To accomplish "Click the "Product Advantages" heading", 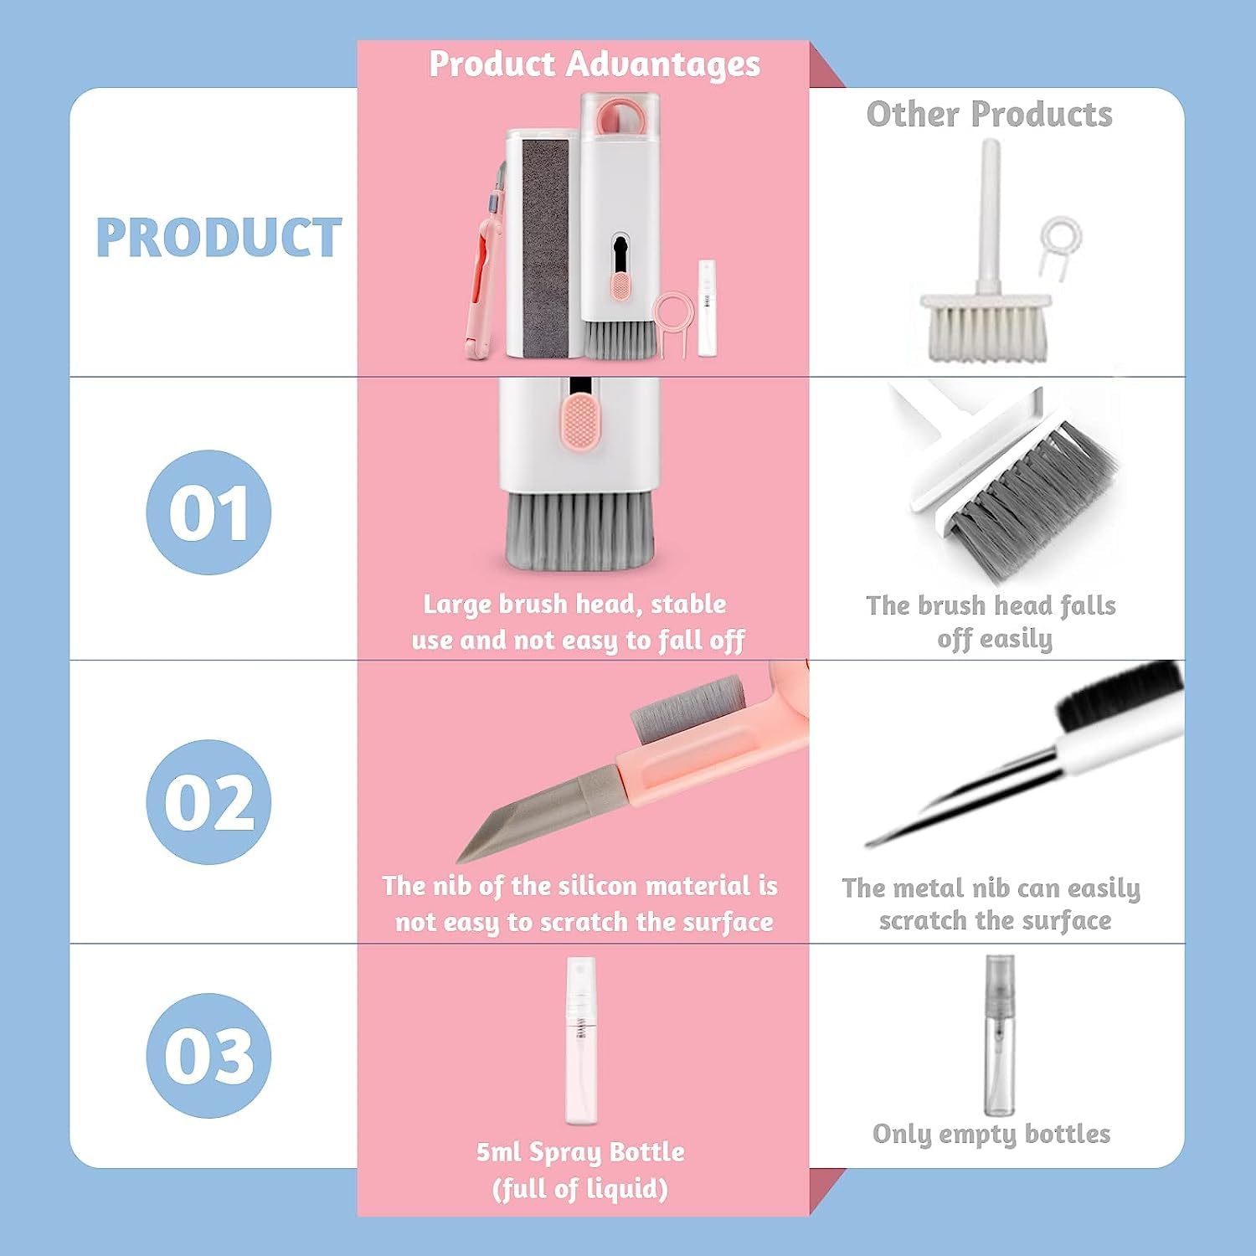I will click(595, 64).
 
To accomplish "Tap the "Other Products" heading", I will click(989, 115).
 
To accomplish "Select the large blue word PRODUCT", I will click(219, 238).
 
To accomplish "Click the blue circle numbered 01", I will click(208, 512).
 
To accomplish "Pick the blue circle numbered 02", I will click(208, 801).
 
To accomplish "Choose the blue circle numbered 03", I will click(208, 1055).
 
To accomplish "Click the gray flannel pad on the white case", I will click(545, 243).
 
